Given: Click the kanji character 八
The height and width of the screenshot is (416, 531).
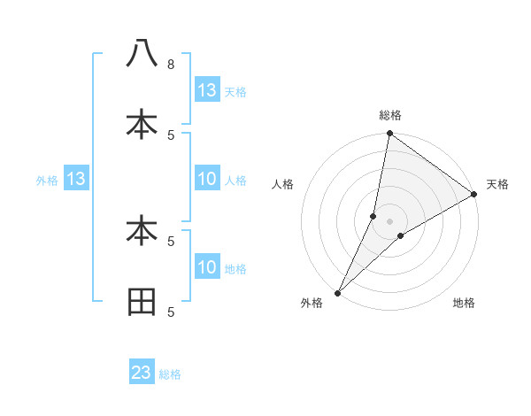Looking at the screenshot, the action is pos(142,54).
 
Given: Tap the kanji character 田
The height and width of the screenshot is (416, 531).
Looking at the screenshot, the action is pos(142,302).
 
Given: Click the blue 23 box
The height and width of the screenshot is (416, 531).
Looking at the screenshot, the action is pos(142,373).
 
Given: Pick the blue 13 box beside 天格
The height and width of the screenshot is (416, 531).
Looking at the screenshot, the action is pos(207,90).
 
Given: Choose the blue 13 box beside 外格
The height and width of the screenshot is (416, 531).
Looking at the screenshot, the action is pos(76,180).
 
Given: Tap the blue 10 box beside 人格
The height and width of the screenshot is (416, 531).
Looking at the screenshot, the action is pos(207,180).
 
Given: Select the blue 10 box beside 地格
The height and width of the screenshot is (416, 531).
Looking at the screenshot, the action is pos(207,267).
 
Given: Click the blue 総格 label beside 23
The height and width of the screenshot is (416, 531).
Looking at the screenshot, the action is pos(170,374).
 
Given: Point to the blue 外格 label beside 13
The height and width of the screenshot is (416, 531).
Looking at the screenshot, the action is pos(47,181).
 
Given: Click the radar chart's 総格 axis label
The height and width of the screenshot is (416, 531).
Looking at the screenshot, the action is pos(390,115).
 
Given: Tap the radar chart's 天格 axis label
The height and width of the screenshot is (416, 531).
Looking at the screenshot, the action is pos(498,184).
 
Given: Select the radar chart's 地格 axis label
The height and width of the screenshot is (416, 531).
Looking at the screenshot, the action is pos(464,303).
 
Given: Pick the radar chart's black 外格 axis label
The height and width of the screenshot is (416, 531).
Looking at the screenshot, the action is pos(312,303).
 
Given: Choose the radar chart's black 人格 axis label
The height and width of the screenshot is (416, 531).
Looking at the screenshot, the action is pos(282,184).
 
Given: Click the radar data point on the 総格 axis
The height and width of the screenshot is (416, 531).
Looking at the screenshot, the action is pos(390,134).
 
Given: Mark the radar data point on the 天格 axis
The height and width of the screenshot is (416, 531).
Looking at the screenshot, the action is pos(474,195).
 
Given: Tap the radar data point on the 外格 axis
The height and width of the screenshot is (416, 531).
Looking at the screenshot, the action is pos(338,292).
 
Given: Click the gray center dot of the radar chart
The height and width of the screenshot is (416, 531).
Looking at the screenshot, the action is pos(390,221).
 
